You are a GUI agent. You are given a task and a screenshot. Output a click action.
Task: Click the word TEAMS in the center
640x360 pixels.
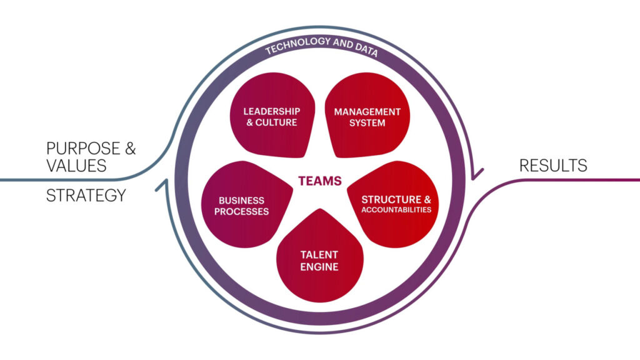[x=319, y=181]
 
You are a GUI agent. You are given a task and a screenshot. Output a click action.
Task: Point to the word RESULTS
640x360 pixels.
[x=553, y=166]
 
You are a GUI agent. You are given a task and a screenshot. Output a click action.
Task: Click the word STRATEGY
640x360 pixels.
[x=86, y=196]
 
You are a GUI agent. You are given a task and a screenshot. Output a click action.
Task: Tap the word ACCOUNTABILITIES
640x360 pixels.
[x=396, y=210]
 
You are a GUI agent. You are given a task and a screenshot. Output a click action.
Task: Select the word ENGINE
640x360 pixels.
[x=320, y=267]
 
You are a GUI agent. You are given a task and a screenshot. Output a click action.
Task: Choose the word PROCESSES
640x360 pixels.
[x=241, y=212]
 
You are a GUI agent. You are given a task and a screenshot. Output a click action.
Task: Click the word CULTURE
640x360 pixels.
[x=279, y=122]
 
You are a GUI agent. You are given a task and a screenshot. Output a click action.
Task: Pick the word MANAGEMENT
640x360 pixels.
[x=367, y=112]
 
